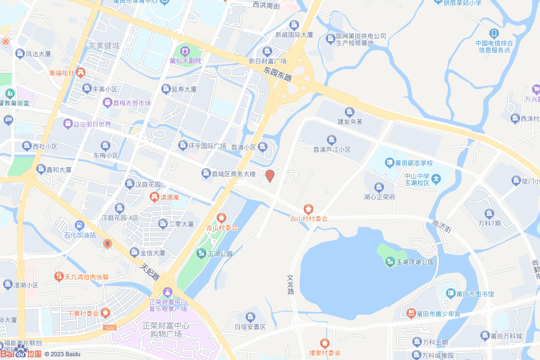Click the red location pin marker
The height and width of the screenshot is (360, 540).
pyautogui.click(x=269, y=176)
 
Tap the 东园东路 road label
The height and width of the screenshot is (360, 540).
pyautogui.click(x=278, y=73)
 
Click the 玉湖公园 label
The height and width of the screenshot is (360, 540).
pyautogui.click(x=220, y=254)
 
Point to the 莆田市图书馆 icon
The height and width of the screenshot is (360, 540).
pyautogui.click(x=451, y=294)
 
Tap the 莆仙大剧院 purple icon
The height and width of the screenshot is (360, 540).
pyautogui.click(x=185, y=51)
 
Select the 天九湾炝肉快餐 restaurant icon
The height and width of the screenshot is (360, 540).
pyautogui.click(x=59, y=276)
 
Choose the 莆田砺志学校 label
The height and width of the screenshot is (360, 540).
pyautogui.click(x=414, y=163)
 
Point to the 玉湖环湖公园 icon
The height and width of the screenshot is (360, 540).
pyautogui.click(x=390, y=261)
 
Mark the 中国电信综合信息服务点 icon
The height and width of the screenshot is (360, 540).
pyautogui.click(x=494, y=33)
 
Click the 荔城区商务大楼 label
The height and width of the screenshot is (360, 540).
pyautogui.click(x=234, y=173)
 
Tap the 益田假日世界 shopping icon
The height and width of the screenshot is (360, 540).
pyautogui.click(x=68, y=124)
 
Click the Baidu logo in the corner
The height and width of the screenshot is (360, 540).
pyautogui.click(x=21, y=354)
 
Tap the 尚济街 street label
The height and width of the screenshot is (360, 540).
pyautogui.click(x=441, y=226)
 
